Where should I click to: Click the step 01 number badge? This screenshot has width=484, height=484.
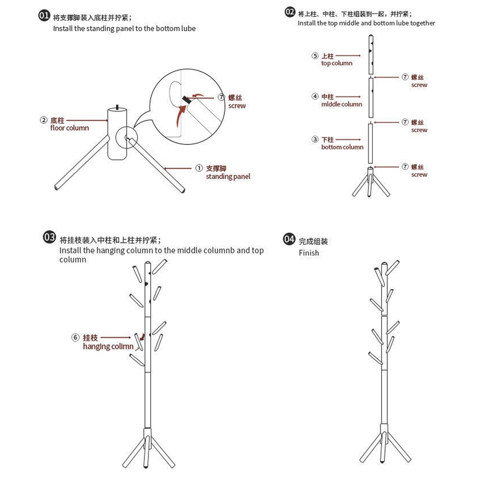coord(44,16)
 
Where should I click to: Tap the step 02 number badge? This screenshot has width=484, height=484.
coord(290,12)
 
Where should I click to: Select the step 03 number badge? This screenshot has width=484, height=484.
coord(50,237)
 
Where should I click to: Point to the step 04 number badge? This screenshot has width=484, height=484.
coord(289,239)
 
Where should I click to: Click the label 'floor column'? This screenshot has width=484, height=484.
coord(69,128)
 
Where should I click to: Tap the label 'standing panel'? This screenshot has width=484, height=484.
coord(228,177)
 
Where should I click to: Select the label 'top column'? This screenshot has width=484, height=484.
coord(337,63)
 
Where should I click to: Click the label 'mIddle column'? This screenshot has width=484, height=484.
coord(341,104)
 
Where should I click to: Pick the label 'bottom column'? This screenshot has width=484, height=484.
coord(342,147)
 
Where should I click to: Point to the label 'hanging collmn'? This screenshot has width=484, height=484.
coord(108,346)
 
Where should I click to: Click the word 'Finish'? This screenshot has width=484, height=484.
coord(309,253)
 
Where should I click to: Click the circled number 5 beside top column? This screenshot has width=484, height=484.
coord(315,56)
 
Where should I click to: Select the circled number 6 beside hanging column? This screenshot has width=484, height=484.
coord(75,337)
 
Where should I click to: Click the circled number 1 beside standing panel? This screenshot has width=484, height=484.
coord(199,168)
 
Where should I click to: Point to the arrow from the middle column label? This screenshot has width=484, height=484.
coord(348,97)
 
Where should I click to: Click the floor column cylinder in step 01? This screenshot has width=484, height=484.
coord(117,134)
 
